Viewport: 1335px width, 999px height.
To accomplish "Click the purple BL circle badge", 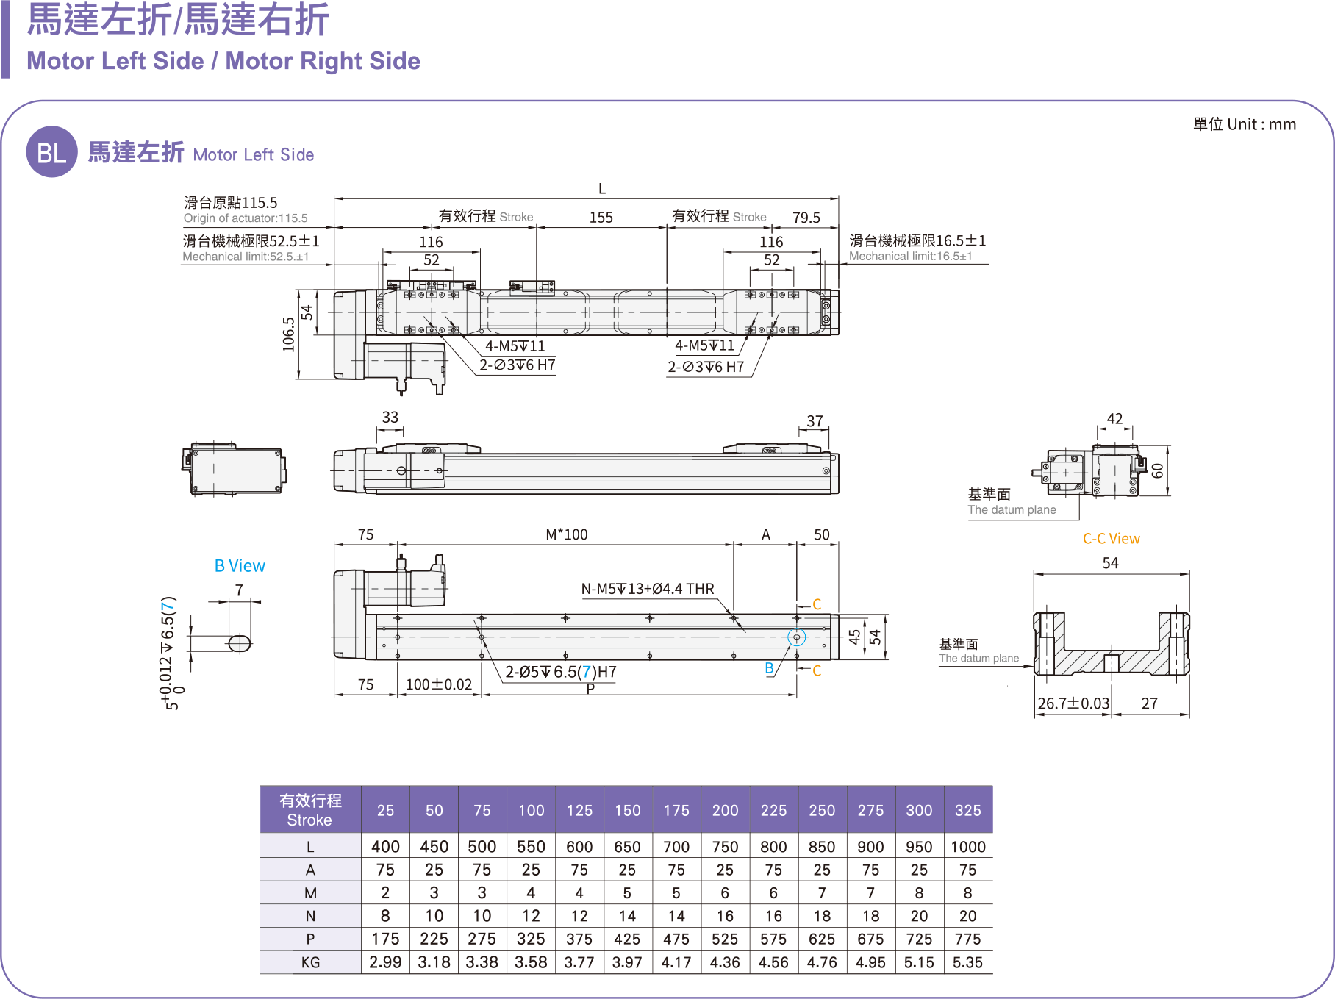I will (x=51, y=152).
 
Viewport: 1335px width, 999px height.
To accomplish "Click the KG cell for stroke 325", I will (x=967, y=962).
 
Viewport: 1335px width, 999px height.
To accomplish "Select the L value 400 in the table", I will (x=385, y=846).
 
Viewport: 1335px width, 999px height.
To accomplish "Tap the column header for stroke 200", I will (x=725, y=810).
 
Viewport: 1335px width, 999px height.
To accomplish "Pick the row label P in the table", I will (x=310, y=939).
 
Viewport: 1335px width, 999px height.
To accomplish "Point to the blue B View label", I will (x=240, y=565).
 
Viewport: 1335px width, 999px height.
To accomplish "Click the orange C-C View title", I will (x=1111, y=539).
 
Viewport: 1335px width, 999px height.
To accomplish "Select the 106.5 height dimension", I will (x=289, y=334).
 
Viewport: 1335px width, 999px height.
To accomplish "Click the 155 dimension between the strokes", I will (x=601, y=218).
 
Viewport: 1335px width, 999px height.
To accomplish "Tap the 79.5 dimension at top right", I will (x=806, y=218).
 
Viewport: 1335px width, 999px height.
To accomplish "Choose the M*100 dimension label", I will (x=566, y=534).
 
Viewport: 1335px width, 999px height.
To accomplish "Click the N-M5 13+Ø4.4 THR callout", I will (x=648, y=589).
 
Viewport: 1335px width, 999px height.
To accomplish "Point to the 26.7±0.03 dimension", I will (x=1073, y=703).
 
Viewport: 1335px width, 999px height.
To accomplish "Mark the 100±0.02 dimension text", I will (x=439, y=684).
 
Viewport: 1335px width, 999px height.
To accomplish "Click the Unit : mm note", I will (x=1245, y=124).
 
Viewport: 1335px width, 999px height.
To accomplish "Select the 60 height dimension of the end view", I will (x=1157, y=470).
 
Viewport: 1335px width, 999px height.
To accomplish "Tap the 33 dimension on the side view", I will (x=390, y=418).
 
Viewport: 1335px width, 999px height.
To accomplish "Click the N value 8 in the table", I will (x=385, y=916).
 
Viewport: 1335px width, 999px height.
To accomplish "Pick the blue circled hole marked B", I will (x=796, y=637).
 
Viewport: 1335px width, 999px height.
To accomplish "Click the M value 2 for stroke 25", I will (x=385, y=892).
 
